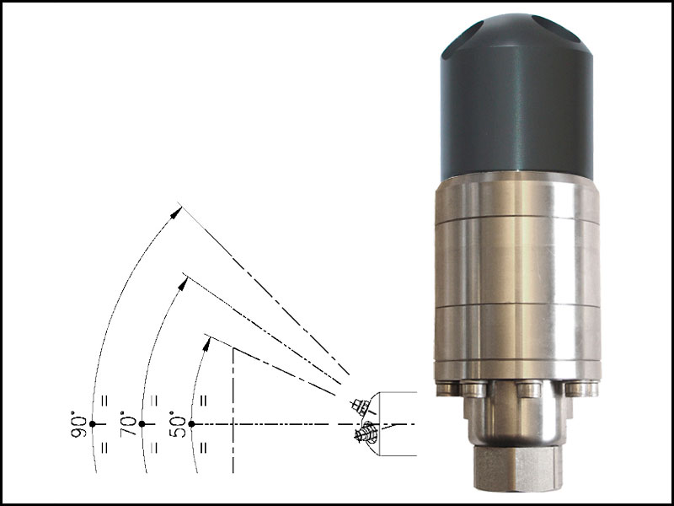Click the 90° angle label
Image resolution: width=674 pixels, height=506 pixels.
point(78,424)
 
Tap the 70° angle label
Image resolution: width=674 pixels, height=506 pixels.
point(128,424)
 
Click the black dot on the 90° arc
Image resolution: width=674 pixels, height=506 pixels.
point(92,424)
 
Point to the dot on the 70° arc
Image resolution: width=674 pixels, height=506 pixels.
point(142,424)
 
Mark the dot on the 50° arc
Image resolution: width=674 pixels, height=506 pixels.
point(191,424)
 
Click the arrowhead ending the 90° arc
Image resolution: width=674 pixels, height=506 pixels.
point(176,213)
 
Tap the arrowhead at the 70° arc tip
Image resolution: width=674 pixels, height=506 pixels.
point(183,283)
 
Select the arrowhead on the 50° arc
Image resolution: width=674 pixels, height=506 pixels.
point(206,344)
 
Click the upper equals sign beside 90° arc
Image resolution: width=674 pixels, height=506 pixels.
point(104,401)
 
